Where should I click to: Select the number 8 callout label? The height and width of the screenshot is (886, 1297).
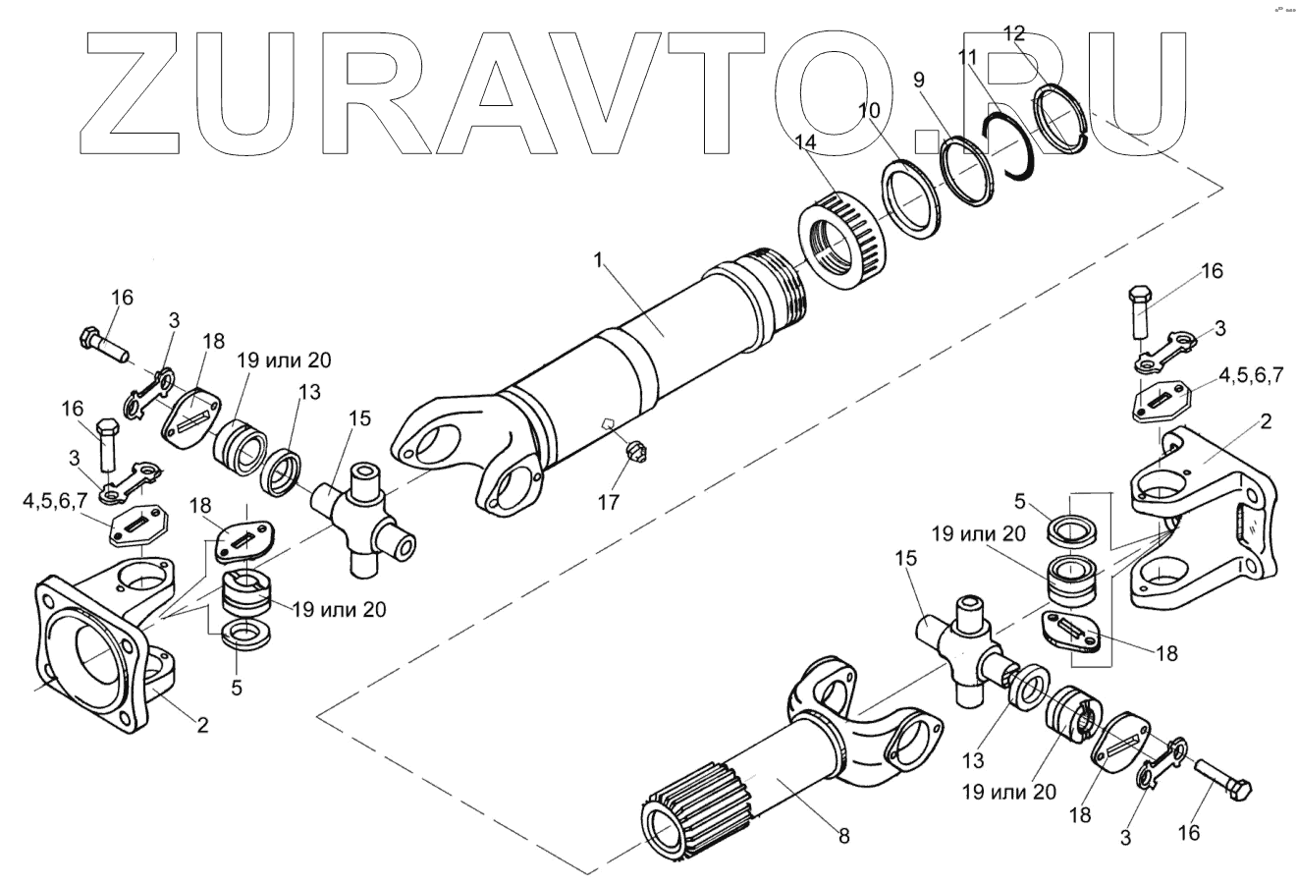pos(843,836)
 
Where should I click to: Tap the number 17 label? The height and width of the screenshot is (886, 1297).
pos(609,502)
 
